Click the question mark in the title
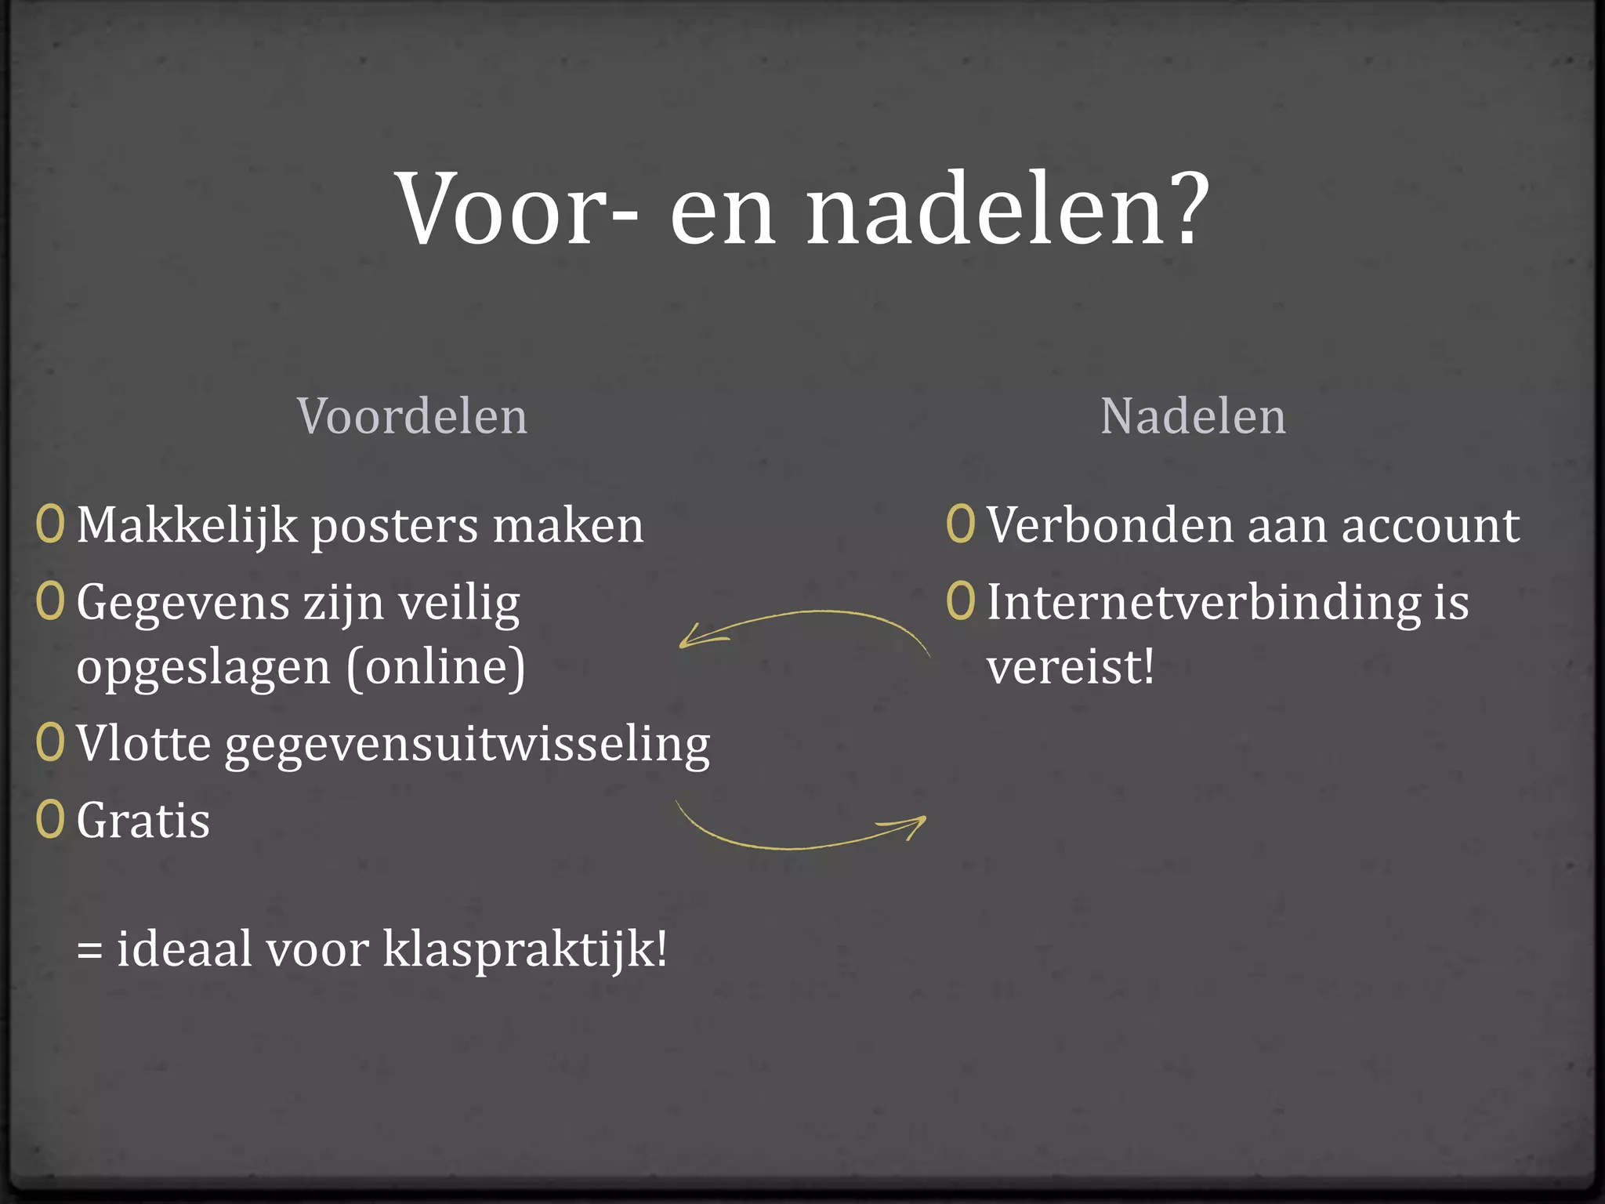coord(1182,209)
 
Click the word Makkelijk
coord(187,525)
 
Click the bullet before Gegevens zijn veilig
coord(50,601)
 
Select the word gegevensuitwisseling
coord(467,745)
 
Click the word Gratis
coord(143,821)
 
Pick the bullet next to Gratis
coord(50,820)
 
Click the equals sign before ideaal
coord(89,950)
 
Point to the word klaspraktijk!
coord(525,950)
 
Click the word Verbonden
coord(1109,524)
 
